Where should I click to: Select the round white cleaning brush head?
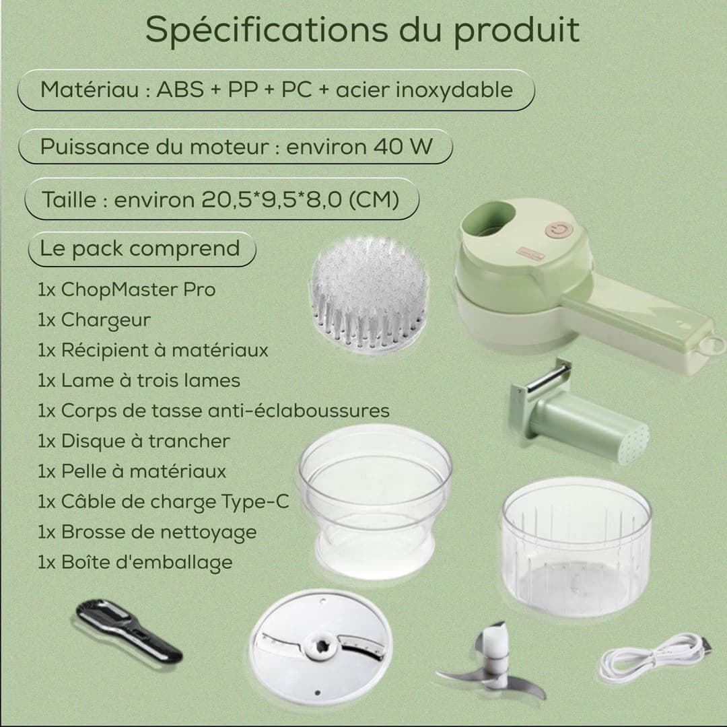(370, 294)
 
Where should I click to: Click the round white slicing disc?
(321, 646)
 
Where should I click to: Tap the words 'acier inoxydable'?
(424, 90)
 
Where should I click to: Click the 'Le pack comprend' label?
(140, 248)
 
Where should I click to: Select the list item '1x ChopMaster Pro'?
(127, 289)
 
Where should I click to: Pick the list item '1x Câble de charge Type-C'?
(163, 502)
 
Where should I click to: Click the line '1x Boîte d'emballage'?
(135, 562)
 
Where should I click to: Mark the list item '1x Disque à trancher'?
(133, 442)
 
